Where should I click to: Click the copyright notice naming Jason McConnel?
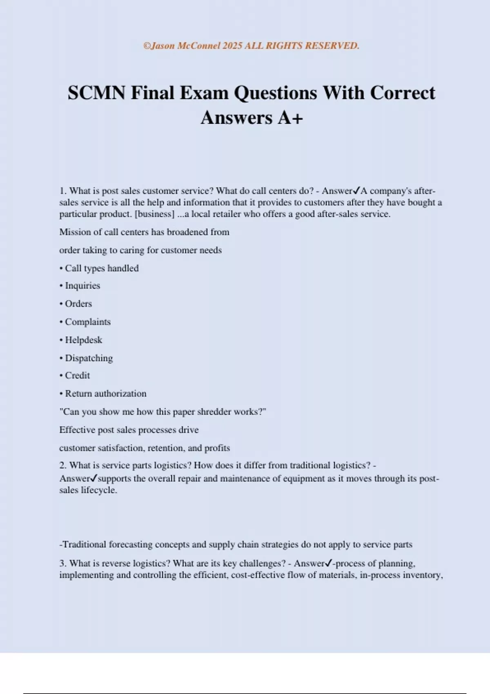(251, 46)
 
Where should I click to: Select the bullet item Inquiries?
(82, 286)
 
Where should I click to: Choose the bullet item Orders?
(78, 304)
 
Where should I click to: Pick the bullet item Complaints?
(87, 322)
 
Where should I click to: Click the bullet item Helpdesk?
(83, 340)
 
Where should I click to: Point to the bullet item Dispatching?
(89, 358)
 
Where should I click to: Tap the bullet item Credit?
(77, 376)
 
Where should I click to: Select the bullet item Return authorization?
(105, 394)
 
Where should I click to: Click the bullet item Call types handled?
(101, 268)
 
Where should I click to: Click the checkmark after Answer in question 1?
(356, 191)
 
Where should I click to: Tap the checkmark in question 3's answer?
(328, 563)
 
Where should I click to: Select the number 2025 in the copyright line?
(233, 46)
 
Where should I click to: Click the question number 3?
(63, 563)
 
